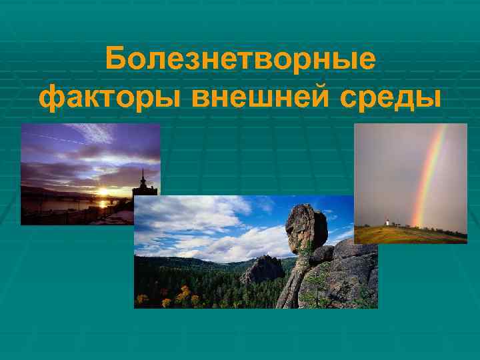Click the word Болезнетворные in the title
pos(240,62)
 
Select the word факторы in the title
pos(110,98)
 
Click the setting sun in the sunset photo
pos(103,191)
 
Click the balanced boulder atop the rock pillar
pos(306,229)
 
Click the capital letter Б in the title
pos(117,61)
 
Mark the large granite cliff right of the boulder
pos(347,273)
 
